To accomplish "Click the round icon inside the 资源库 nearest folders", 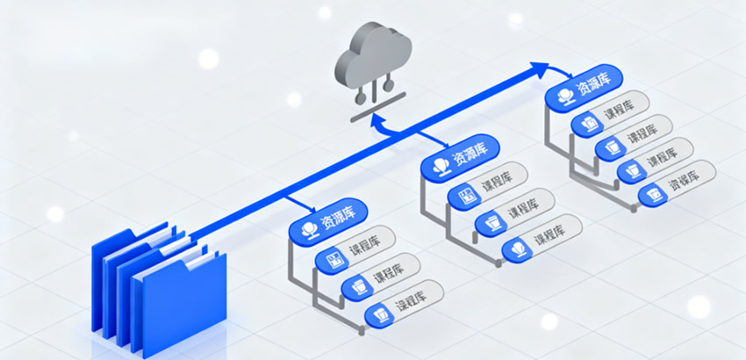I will pyautogui.click(x=309, y=227).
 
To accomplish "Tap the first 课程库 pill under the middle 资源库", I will pyautogui.click(x=487, y=187).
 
